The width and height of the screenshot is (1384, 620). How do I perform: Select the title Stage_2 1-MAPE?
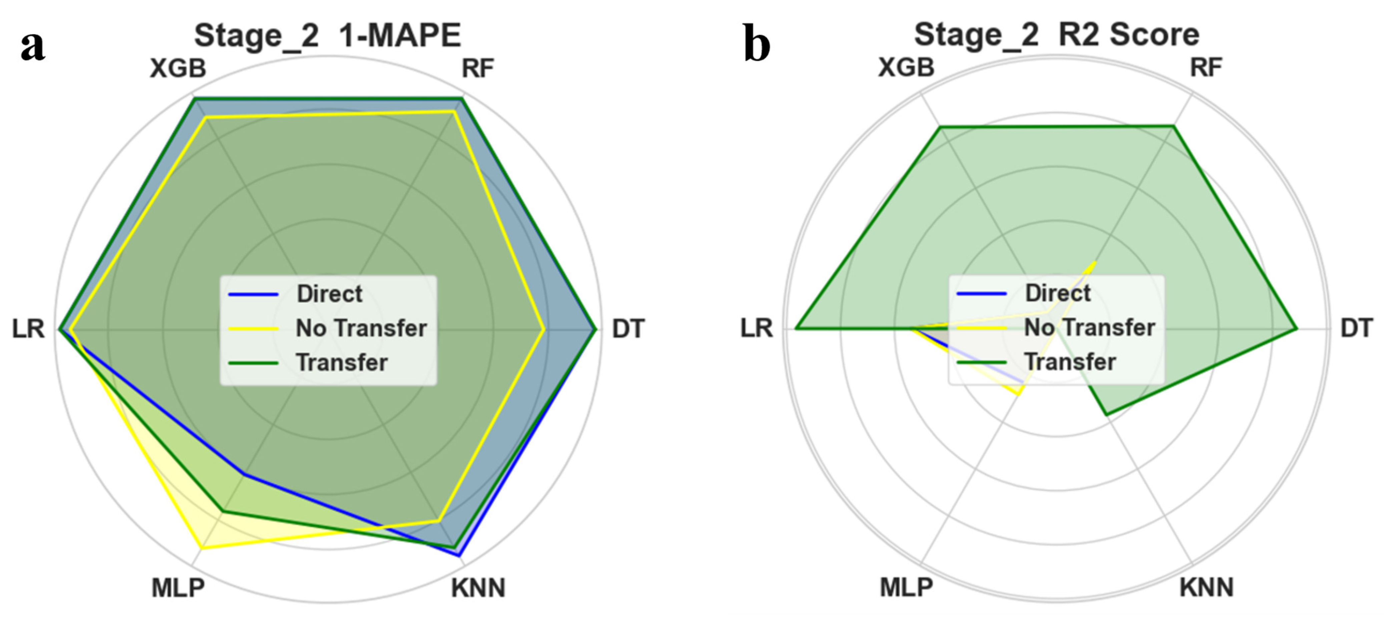pos(327,35)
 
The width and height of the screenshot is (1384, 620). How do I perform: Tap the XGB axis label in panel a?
pos(178,69)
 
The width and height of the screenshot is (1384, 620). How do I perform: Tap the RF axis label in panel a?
pos(478,69)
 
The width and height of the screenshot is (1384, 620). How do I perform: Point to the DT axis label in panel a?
pos(628,329)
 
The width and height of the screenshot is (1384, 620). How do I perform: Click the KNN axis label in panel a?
pos(478,588)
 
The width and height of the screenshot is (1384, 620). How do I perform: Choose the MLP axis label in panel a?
pos(178,588)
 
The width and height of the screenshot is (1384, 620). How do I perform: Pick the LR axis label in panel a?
pos(28,329)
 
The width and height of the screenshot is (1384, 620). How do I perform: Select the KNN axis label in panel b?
pos(1206,587)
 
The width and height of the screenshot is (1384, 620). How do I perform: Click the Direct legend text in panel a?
pos(329,294)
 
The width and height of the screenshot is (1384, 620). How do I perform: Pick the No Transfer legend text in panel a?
pos(361,328)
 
